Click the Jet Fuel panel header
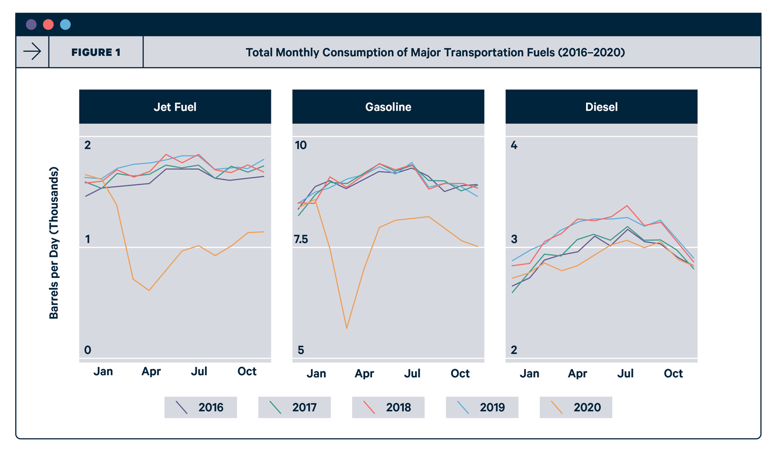tap(175, 107)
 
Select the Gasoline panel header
tap(388, 107)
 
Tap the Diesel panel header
tap(601, 107)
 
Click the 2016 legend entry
tap(201, 407)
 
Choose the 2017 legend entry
tap(294, 407)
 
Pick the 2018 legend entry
tap(388, 407)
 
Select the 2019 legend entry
tap(482, 407)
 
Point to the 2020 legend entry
tap(576, 407)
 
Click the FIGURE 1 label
tap(96, 52)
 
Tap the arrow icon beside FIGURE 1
tap(32, 52)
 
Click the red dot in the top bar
tap(48, 24)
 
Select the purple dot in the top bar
tap(31, 24)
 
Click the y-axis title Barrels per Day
tap(54, 243)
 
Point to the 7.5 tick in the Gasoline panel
tap(301, 239)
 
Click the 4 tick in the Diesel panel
tap(514, 145)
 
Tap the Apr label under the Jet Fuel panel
tap(151, 372)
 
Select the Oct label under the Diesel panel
tap(673, 373)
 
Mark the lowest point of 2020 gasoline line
tap(347, 328)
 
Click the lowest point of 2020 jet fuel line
tap(149, 290)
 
